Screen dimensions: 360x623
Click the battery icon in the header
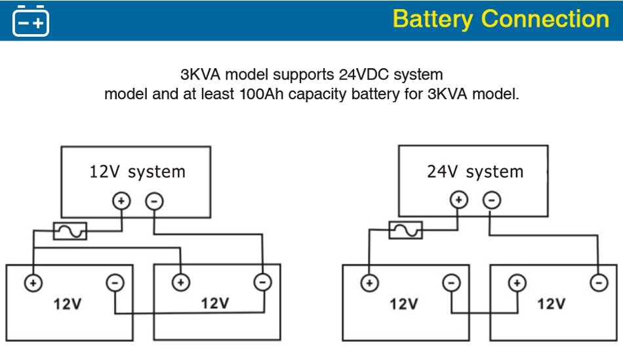tap(31, 20)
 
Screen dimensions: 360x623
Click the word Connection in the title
tap(545, 19)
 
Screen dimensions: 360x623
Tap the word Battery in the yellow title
tap(433, 19)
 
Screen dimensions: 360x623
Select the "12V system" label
tap(137, 172)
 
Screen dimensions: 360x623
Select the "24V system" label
tap(475, 172)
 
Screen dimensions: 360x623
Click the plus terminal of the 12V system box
tap(121, 201)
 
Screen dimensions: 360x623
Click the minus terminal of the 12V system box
tap(153, 201)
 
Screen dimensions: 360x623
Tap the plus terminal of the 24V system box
tap(459, 200)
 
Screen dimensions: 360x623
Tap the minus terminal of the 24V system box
tap(492, 200)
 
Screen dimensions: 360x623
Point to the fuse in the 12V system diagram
tap(70, 231)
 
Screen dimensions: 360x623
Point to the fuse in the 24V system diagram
tap(405, 230)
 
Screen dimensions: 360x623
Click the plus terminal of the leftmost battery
tap(33, 283)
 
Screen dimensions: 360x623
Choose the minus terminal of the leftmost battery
tap(115, 283)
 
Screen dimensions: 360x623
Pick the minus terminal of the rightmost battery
tap(598, 283)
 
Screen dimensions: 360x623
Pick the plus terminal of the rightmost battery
tap(517, 283)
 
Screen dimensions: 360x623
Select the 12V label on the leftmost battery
tap(68, 304)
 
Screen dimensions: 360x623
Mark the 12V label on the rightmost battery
tap(551, 304)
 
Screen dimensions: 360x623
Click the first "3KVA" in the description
tap(202, 74)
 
